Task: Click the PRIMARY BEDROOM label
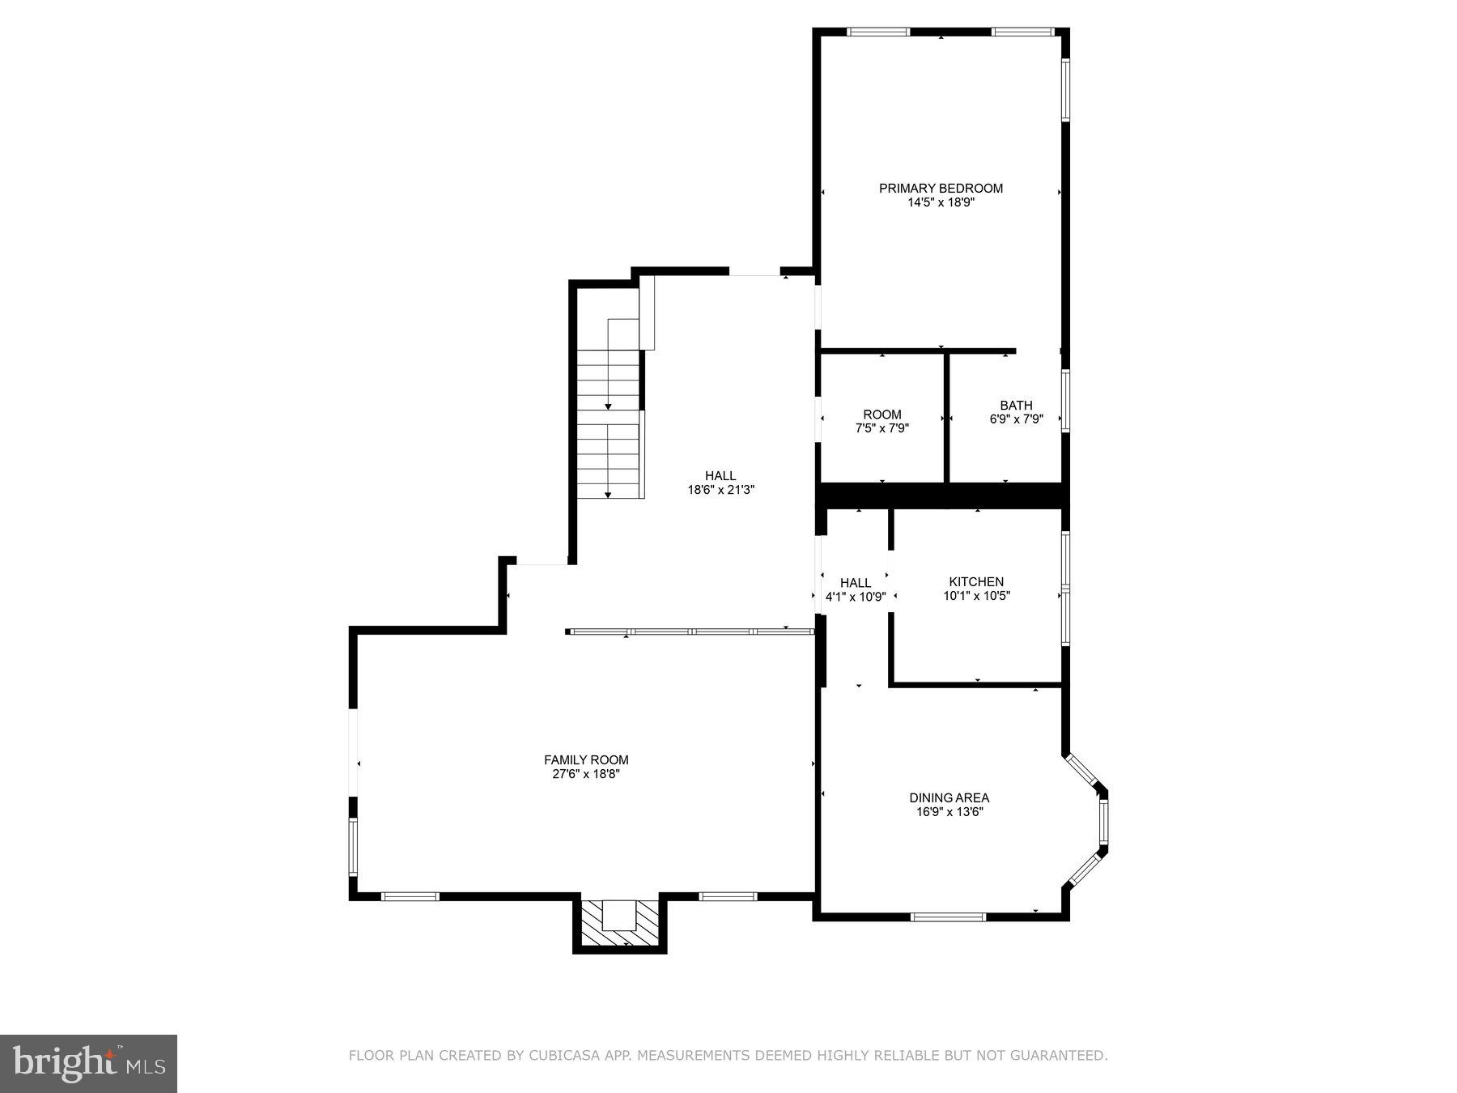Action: click(x=941, y=188)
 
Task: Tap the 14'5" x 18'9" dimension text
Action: click(x=941, y=202)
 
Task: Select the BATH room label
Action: click(x=1016, y=405)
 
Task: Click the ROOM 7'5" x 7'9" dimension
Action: click(x=882, y=428)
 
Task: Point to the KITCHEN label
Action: click(x=976, y=581)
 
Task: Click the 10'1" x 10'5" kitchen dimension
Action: click(x=976, y=596)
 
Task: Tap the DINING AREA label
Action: click(x=949, y=797)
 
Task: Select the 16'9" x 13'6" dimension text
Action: click(x=949, y=812)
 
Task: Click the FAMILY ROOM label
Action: click(x=586, y=759)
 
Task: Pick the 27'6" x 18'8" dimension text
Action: click(x=586, y=774)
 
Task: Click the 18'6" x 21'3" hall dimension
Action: click(x=720, y=490)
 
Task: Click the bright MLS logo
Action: click(x=88, y=1063)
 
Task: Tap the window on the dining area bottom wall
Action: click(x=948, y=917)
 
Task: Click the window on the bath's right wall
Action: click(x=1065, y=401)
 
